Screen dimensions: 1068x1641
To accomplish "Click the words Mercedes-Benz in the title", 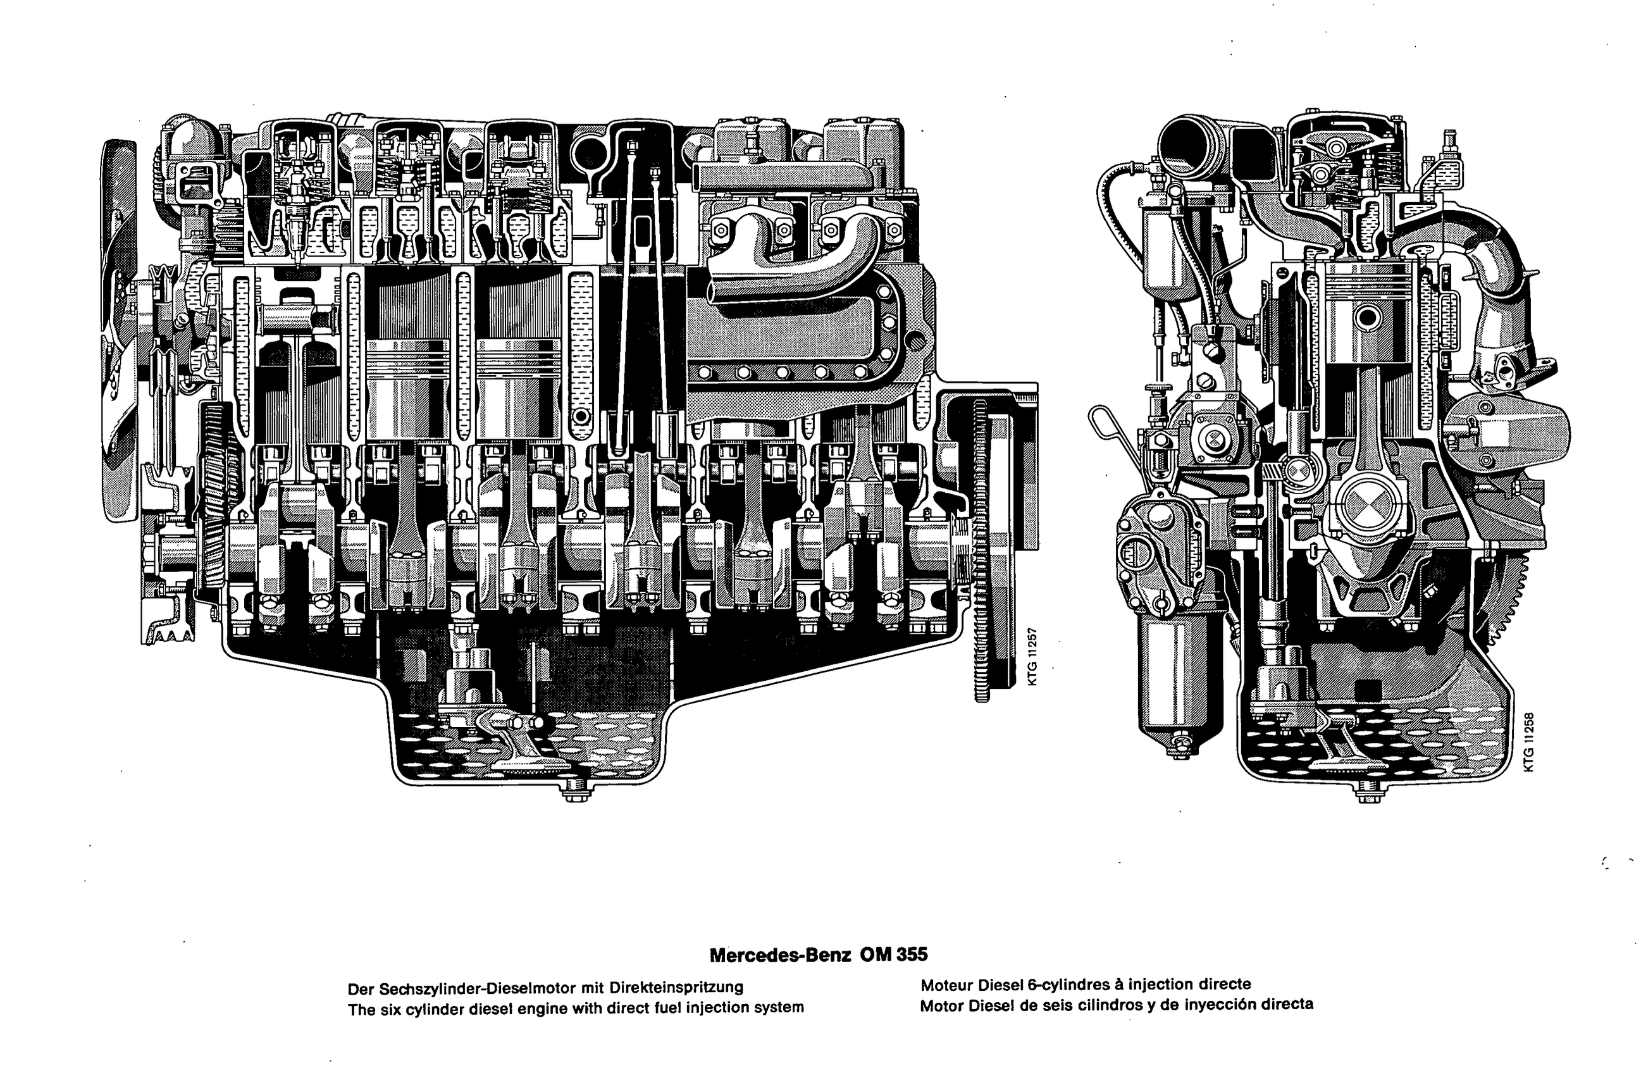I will point(781,955).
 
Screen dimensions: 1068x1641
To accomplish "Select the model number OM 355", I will point(894,954).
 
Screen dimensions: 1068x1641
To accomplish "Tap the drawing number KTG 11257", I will point(1032,656).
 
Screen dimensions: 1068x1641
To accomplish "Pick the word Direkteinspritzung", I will point(677,988).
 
